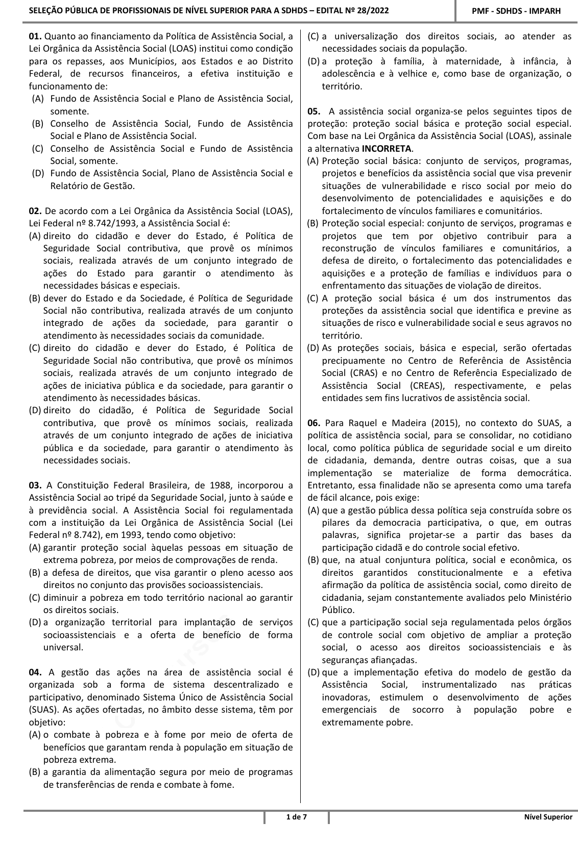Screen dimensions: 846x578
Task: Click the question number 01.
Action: (36, 36)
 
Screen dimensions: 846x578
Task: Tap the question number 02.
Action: (36, 211)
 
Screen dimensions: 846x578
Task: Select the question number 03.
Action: (36, 485)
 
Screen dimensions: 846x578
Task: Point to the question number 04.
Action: (36, 672)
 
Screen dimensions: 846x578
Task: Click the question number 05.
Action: (315, 111)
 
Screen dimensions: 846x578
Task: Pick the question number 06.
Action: (315, 423)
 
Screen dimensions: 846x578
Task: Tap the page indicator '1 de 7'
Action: (296, 817)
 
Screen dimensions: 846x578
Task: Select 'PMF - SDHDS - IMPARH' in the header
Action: (516, 11)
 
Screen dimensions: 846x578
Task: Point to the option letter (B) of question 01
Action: (37, 124)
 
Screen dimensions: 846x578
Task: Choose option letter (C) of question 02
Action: (35, 348)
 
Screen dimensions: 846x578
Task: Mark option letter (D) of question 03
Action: (35, 622)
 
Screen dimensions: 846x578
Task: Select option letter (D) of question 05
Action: (314, 348)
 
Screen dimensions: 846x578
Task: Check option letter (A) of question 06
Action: (314, 510)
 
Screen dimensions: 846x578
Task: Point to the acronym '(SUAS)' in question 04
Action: (41, 710)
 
